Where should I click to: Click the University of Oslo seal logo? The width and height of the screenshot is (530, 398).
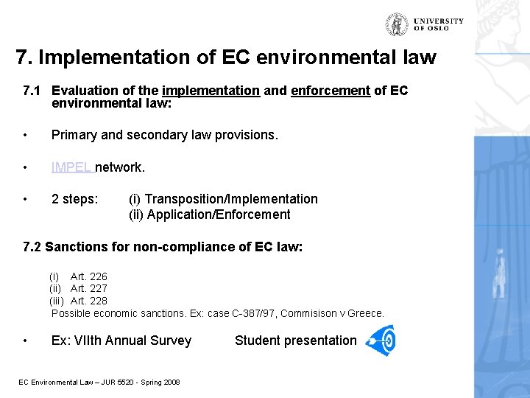[x=397, y=24]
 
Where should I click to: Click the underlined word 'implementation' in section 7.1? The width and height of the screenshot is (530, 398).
[x=211, y=91]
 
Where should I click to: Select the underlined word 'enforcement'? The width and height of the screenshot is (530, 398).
[x=331, y=91]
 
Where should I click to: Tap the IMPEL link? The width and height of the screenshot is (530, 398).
[x=71, y=167]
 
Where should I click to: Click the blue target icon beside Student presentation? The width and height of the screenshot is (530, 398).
[x=381, y=341]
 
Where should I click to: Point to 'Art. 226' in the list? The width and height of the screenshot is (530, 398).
[x=89, y=276]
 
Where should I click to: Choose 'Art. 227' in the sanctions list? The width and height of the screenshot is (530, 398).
[x=89, y=288]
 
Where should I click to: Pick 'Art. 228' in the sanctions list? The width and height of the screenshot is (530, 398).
[x=89, y=301]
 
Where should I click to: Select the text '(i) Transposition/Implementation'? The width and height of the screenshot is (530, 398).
[x=223, y=199]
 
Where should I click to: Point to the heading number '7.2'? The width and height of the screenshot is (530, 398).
[x=32, y=247]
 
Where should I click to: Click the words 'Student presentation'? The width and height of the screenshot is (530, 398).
[x=295, y=341]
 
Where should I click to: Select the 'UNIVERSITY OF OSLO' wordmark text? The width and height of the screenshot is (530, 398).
[x=439, y=24]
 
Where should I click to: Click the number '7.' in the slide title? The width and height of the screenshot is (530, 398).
[x=24, y=57]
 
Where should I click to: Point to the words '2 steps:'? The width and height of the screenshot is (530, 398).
[x=74, y=199]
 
